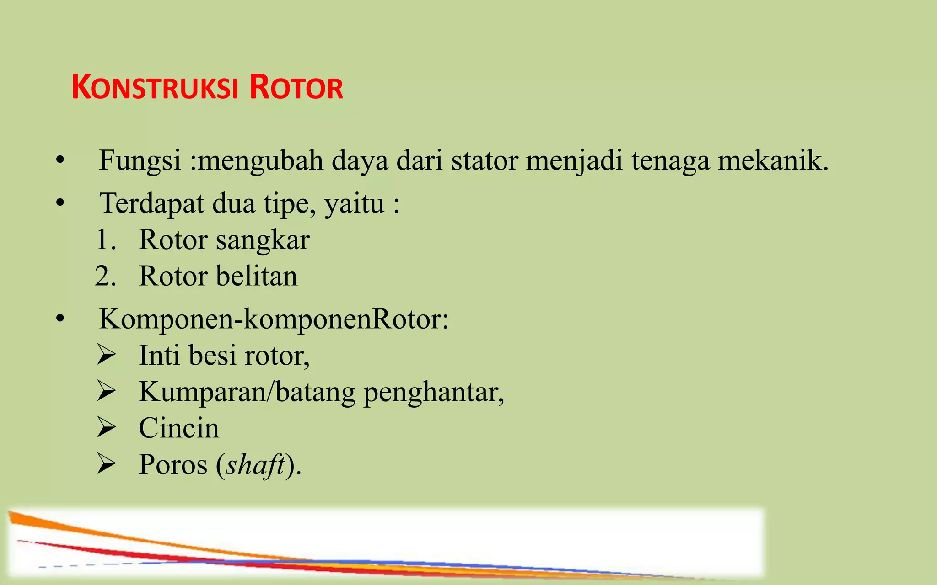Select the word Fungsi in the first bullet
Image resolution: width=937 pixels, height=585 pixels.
click(140, 161)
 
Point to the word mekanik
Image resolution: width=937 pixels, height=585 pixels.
click(773, 161)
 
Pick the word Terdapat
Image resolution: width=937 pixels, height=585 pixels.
click(152, 203)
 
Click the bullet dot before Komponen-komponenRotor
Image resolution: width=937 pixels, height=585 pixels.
click(60, 319)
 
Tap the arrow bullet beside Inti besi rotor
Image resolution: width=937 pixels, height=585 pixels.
click(106, 355)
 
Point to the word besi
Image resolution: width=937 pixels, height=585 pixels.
click(212, 355)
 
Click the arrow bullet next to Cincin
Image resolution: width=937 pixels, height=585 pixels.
click(106, 428)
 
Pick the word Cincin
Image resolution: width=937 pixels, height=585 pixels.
click(179, 428)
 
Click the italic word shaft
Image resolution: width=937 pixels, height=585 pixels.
click(255, 465)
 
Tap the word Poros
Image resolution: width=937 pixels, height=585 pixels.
click(173, 465)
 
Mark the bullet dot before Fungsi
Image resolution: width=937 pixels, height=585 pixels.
click(60, 161)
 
